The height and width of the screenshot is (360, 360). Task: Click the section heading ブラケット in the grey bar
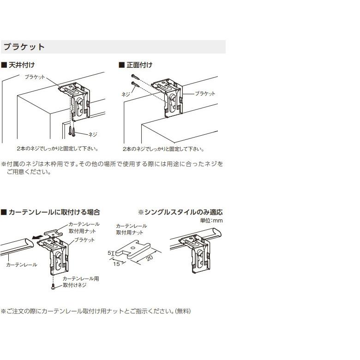point(24,47)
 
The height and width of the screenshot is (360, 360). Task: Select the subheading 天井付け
point(21,65)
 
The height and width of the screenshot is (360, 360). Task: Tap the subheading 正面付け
point(139,65)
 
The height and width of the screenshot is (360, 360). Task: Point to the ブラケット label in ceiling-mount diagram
point(35,77)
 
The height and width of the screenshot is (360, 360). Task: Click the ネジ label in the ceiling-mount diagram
point(92,134)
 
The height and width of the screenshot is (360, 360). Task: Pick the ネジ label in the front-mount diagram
point(126,94)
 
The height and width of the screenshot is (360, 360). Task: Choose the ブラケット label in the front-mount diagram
point(205,94)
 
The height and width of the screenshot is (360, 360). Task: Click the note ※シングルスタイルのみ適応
point(180,212)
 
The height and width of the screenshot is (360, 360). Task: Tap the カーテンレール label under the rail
point(22,265)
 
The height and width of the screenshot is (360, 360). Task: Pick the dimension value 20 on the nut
point(149,258)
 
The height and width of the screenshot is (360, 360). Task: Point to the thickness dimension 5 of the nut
point(109,253)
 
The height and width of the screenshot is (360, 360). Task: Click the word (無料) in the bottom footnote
point(183,311)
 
